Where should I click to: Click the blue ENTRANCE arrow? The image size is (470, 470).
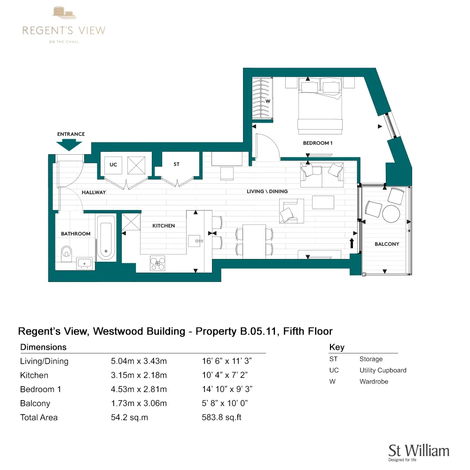coord(71,145)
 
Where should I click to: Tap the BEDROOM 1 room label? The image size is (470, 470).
coord(317,143)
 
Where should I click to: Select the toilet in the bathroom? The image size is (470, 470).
coord(66,253)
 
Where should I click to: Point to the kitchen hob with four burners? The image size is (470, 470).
coord(158,263)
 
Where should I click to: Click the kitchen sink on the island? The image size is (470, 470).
coord(196,240)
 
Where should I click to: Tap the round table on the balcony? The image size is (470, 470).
coord(391,214)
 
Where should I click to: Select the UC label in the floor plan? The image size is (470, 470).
coord(113,165)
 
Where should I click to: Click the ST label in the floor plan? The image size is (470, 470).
coord(176,164)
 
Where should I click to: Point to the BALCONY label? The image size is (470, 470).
coord(387,244)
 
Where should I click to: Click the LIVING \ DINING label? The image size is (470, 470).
coord(267,191)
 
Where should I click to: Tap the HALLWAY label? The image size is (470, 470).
coord(94,192)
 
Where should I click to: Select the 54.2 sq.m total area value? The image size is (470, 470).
coord(129,417)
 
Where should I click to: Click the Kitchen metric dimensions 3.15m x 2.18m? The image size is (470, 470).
coord(139,375)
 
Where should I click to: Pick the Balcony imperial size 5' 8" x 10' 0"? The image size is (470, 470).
coord(225,403)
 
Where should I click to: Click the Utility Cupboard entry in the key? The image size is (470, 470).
coord(383,370)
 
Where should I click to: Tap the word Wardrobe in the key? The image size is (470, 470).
coord(374,382)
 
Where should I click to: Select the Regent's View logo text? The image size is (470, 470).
coord(64,31)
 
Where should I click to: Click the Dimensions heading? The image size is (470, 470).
coord(43,347)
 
